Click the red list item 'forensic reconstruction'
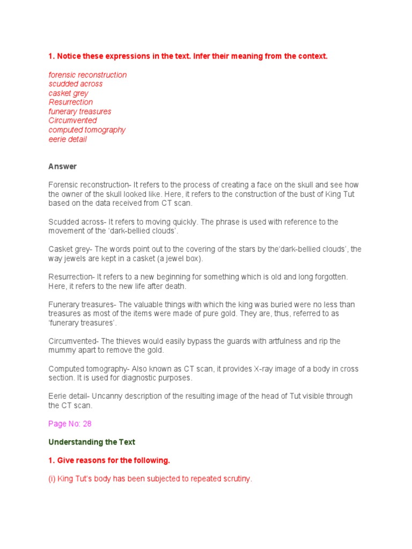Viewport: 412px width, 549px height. coord(87,75)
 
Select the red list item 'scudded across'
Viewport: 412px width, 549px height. coord(76,84)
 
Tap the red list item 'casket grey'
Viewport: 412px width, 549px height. coord(69,93)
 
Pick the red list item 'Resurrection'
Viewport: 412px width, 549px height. coord(71,102)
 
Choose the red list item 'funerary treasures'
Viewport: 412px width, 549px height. coord(80,112)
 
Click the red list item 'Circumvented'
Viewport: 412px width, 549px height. coord(72,121)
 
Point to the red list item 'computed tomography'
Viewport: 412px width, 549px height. coord(87,130)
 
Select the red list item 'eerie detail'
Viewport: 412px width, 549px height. coord(68,139)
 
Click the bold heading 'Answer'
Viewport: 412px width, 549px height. coord(62,167)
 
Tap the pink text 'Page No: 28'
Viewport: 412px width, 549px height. coord(70,424)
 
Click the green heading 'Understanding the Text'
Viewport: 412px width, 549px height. coord(92,442)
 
